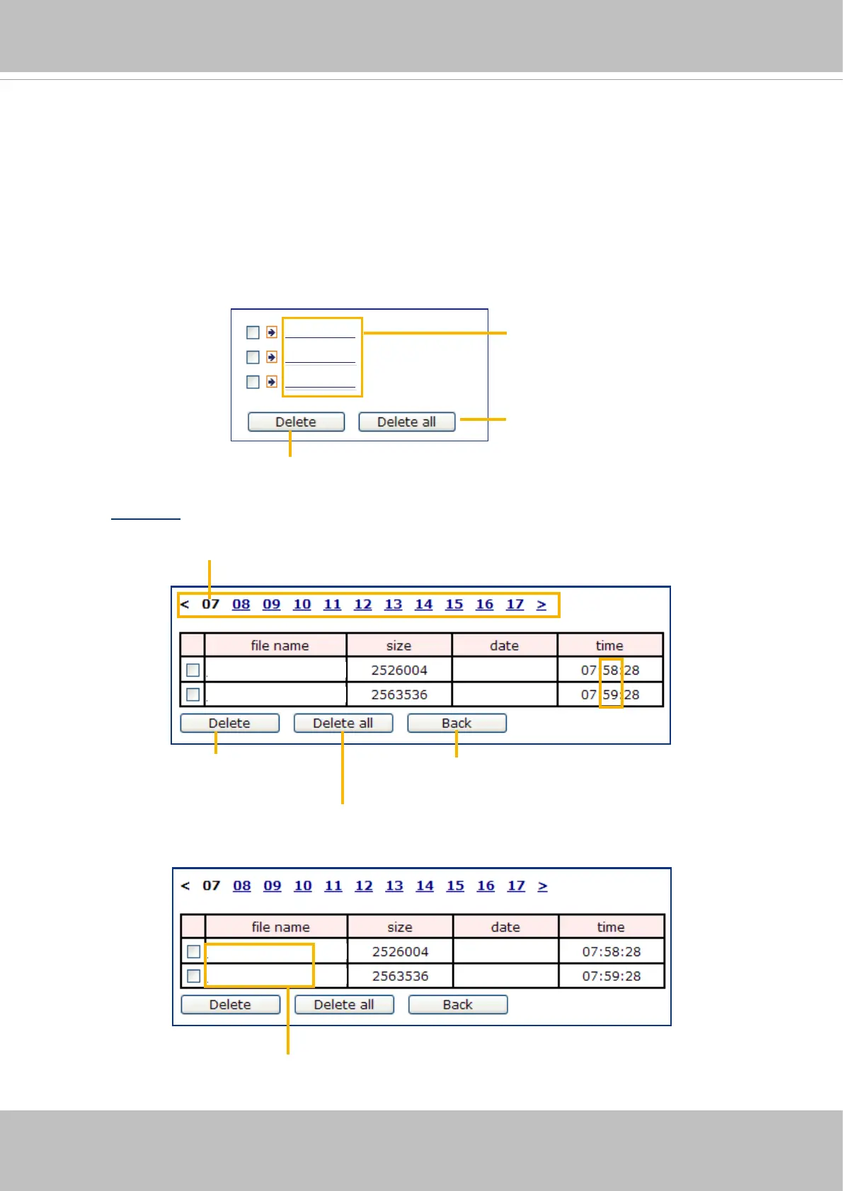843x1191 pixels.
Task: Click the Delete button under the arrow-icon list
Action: pyautogui.click(x=296, y=422)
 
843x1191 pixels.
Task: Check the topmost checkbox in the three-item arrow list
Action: pyautogui.click(x=253, y=332)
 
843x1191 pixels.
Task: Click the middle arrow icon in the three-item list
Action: pyautogui.click(x=272, y=357)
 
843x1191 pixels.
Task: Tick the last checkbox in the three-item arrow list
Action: pyautogui.click(x=253, y=382)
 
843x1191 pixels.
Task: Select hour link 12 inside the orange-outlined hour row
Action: pyautogui.click(x=362, y=605)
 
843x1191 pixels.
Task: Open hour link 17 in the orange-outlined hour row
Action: pyautogui.click(x=515, y=605)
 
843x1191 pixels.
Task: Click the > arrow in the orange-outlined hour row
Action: pyautogui.click(x=541, y=605)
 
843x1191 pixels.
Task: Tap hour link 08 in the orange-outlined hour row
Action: pyautogui.click(x=241, y=605)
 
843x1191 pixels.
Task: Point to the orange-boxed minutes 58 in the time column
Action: pyautogui.click(x=610, y=670)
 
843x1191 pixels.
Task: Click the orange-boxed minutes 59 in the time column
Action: pyautogui.click(x=610, y=695)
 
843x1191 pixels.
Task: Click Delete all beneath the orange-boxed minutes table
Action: pyautogui.click(x=343, y=724)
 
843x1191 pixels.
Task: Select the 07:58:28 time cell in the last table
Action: pyautogui.click(x=612, y=952)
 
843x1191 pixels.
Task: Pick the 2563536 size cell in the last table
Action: pyautogui.click(x=400, y=976)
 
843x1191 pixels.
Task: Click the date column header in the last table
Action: pyautogui.click(x=505, y=927)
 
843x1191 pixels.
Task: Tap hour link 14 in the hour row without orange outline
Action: pyautogui.click(x=425, y=886)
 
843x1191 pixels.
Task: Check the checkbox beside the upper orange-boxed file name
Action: pyautogui.click(x=193, y=952)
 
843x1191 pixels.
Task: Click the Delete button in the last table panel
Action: pyautogui.click(x=230, y=1005)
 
